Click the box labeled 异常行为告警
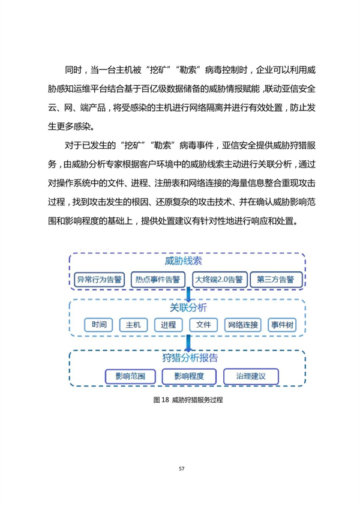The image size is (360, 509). point(99,280)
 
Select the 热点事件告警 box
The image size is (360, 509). point(158,280)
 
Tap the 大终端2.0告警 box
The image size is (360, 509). point(220,280)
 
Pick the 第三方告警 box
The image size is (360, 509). point(276,280)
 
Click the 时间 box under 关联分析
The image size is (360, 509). point(98,325)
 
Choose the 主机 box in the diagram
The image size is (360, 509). point(133,325)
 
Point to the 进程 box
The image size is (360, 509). point(168,325)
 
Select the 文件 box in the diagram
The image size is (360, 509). point(203,325)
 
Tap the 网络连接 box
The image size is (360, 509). point(243,325)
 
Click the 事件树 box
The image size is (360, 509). point(282,325)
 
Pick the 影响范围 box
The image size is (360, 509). point(130,376)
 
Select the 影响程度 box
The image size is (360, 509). point(189,376)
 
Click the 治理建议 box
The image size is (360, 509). point(251,376)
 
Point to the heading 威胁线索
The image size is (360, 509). point(184,261)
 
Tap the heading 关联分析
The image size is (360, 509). point(188,307)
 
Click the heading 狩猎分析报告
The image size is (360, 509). point(190,358)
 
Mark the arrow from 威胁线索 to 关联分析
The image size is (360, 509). point(188,294)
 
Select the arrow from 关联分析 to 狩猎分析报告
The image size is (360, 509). point(188,343)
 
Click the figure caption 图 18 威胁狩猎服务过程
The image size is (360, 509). point(188,400)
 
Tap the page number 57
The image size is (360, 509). point(181,468)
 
